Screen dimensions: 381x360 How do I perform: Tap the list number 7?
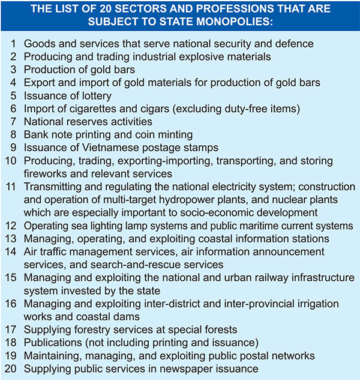[14, 121]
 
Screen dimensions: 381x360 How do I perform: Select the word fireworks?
[47, 173]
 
